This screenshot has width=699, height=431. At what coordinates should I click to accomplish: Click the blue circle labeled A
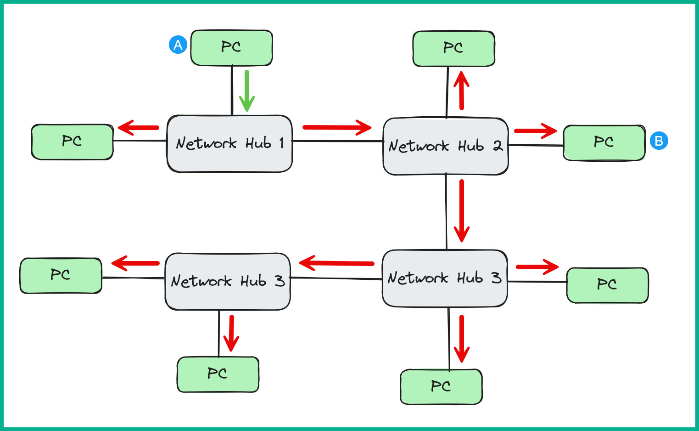pos(178,45)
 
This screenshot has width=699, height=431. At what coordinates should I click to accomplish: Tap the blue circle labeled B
pos(659,141)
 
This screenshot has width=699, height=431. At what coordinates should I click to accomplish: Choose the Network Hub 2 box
pos(445,161)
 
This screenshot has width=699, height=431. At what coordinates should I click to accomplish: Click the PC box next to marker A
pos(231,48)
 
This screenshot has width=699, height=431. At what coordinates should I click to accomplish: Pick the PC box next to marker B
pos(604,142)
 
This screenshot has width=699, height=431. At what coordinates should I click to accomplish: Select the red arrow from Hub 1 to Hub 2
pos(337,127)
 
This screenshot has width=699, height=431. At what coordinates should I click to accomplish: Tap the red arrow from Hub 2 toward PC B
pos(535,131)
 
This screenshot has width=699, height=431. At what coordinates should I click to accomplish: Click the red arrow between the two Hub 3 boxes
pos(336,263)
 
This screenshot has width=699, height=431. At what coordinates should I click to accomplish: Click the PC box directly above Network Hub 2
pos(453,49)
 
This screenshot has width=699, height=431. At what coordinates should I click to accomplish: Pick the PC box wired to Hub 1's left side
pos(72,142)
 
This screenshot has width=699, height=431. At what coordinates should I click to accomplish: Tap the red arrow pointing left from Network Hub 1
pos(138,127)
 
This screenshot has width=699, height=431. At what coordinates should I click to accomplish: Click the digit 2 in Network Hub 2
pos(497,146)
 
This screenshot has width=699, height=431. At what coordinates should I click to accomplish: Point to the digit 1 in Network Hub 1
pos(281,143)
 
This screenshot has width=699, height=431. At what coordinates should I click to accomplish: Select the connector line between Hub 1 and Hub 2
pos(337,141)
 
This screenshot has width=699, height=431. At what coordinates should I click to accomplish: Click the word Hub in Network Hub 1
pos(258,143)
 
